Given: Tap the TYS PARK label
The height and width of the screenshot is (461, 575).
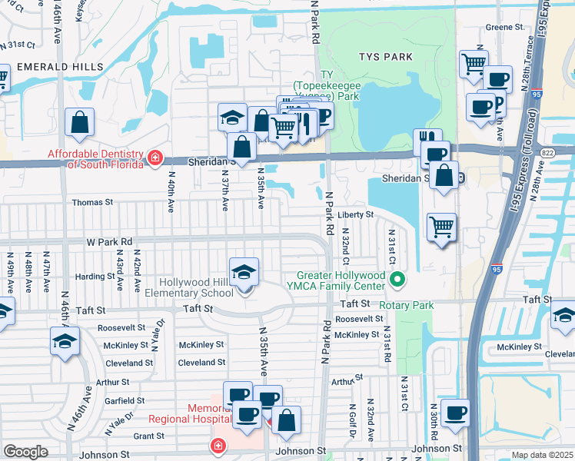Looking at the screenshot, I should pos(385,57).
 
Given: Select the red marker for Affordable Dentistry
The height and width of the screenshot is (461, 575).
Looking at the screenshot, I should pos(155,158).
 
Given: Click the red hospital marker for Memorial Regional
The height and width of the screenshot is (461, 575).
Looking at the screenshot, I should pos(219,446).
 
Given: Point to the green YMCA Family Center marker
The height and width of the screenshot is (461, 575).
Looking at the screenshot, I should pos(397,280).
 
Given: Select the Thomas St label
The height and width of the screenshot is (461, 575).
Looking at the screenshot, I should pos(92,203).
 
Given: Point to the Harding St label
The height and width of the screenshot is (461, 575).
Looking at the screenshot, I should pos(95,277).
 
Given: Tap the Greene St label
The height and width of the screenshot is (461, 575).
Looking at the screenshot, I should pos(504,27).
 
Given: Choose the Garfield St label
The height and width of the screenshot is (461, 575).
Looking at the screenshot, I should pos(125,400).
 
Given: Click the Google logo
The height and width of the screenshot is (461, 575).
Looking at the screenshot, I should pos(25,452).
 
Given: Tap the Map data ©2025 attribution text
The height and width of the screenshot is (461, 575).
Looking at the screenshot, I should pos(541,455).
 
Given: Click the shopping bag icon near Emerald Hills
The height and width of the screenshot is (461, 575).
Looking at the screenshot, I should pos(79,121).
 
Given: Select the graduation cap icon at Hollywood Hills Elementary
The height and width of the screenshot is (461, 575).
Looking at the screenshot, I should pos(244,273).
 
